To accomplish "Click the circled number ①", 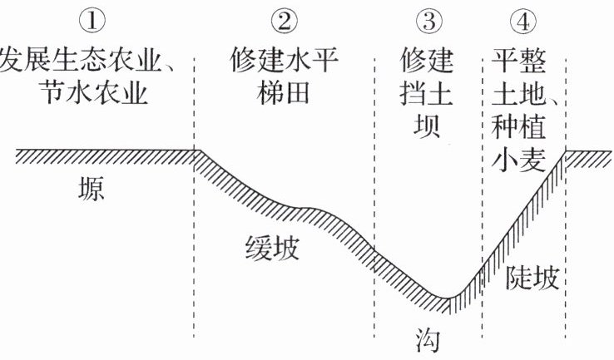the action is (x=92, y=21).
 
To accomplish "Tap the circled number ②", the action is (x=285, y=21).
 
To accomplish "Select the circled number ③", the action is (x=429, y=21).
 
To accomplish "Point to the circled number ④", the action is (x=523, y=21).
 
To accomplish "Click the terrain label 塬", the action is (x=92, y=189).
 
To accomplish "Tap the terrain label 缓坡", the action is (x=273, y=248).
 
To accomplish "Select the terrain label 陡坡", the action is (x=532, y=278).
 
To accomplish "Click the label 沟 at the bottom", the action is (x=428, y=340).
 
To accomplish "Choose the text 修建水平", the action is (x=285, y=60).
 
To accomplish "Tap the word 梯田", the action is (x=284, y=93).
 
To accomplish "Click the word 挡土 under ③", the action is (x=427, y=93).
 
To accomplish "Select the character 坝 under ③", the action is (x=427, y=126).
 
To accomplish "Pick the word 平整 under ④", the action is (x=519, y=60).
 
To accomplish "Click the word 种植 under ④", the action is (x=519, y=126).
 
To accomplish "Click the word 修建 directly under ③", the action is (x=427, y=60).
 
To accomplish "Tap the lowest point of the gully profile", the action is (x=447, y=298).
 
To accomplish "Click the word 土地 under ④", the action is (x=519, y=93).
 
